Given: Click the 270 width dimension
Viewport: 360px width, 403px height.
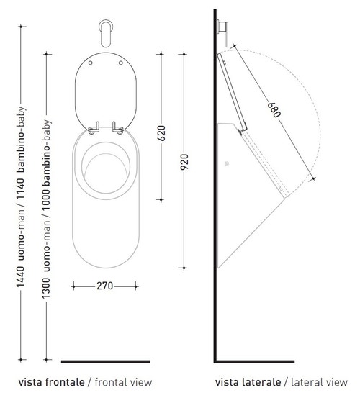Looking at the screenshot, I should [x=104, y=285].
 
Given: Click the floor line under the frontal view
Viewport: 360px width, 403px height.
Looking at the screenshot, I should [x=105, y=361].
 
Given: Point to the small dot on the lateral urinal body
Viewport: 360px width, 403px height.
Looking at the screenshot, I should [x=228, y=163].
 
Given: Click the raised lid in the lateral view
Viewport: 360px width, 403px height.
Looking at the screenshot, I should [x=230, y=94].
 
